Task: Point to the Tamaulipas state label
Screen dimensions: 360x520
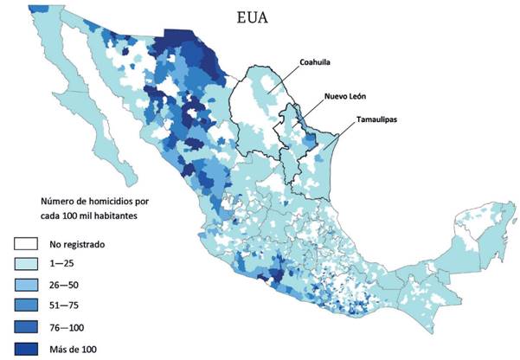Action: point(379,119)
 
